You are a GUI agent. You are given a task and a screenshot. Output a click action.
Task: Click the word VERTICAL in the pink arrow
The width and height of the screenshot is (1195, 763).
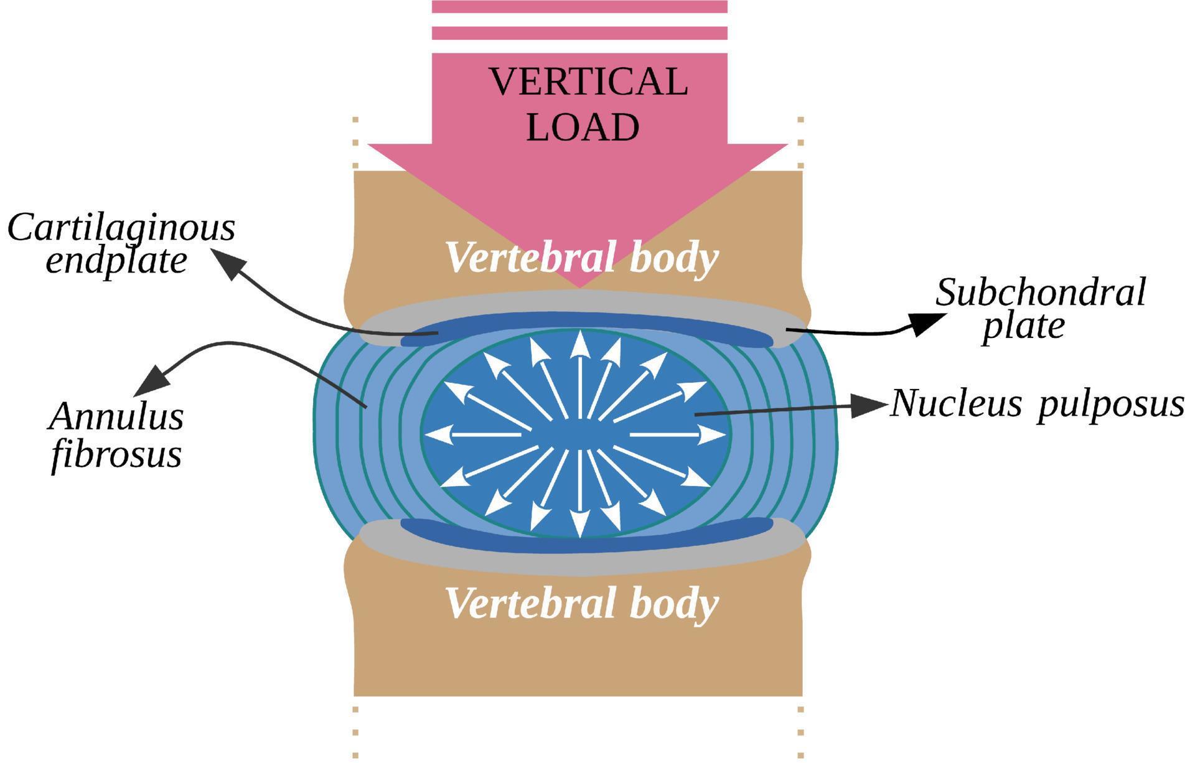point(588,82)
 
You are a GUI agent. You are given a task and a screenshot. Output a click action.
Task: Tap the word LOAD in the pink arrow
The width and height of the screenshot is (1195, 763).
point(583,128)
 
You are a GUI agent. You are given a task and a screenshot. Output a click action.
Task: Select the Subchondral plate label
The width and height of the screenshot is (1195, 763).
point(1039,309)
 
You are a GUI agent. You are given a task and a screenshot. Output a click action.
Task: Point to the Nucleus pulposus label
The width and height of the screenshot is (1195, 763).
point(1036,404)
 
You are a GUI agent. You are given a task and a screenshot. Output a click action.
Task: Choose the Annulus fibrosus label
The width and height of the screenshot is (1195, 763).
point(116,435)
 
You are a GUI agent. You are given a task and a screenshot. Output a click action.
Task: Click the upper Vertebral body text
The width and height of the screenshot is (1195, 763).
point(582,257)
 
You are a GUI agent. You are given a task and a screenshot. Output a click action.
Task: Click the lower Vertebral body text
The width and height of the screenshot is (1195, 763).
point(582,603)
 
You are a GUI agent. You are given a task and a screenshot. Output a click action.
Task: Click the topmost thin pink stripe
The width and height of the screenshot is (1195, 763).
point(579,6)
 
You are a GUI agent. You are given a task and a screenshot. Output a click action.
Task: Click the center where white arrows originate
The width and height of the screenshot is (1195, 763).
point(579,434)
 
